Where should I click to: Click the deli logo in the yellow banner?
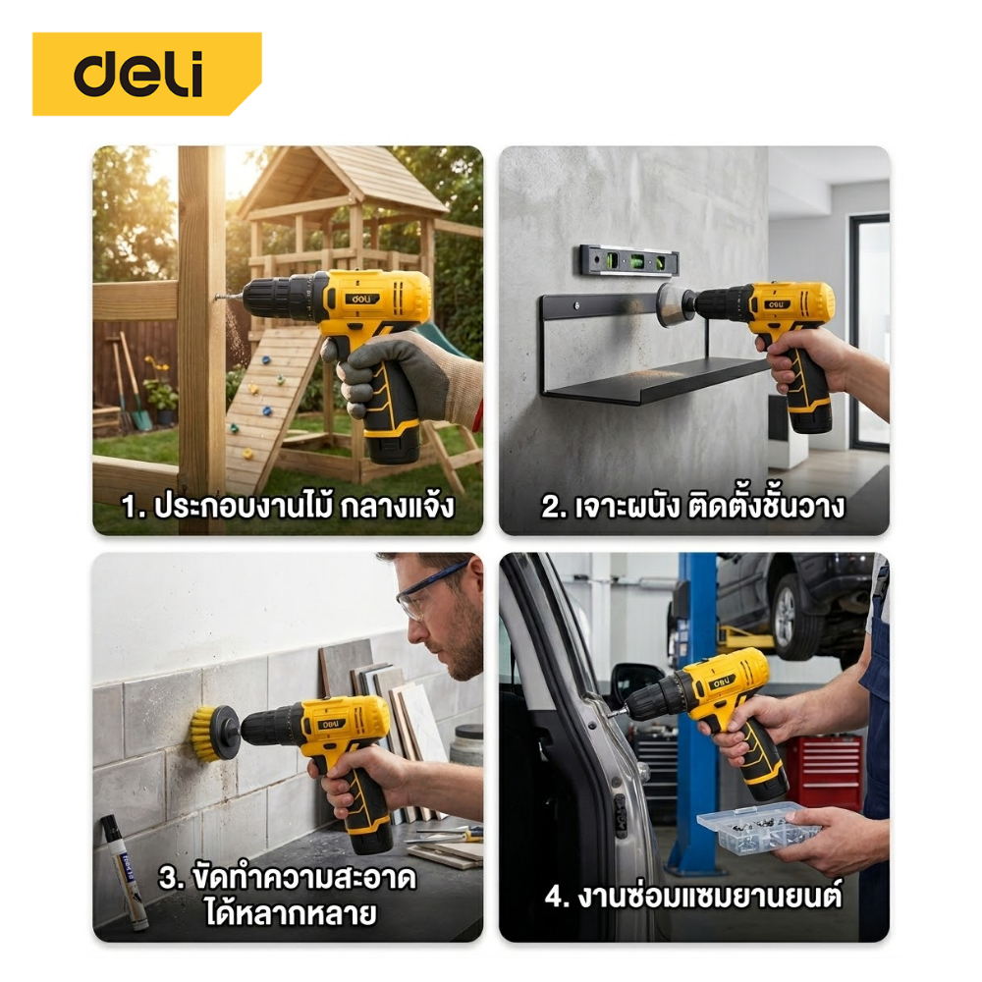138,74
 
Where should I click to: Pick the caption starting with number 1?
288,506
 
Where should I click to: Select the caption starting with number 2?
692,506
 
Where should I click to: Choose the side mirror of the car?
632,681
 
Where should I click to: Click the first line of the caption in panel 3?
288,878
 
